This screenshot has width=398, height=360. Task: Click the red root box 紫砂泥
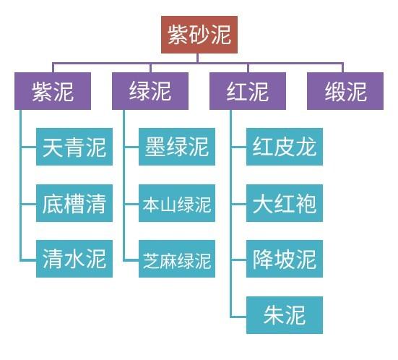[199, 35]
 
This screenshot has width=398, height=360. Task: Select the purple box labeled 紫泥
[53, 91]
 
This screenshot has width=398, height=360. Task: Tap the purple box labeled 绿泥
[150, 91]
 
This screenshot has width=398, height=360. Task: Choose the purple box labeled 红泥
[248, 91]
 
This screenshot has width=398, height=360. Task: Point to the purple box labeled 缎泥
[345, 91]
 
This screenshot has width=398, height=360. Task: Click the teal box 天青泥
[74, 147]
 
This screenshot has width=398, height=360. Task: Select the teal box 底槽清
[74, 203]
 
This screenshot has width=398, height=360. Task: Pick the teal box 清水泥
[74, 259]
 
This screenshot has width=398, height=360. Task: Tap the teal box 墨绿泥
[177, 147]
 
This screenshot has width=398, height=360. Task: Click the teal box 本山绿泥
[177, 203]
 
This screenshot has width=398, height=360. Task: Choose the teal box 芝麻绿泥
[177, 259]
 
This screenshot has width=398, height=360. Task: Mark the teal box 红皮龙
[285, 147]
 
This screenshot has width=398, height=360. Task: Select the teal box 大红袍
[285, 203]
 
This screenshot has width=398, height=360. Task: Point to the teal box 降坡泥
[285, 259]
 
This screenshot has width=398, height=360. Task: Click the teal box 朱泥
[285, 315]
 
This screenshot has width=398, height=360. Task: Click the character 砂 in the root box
[199, 35]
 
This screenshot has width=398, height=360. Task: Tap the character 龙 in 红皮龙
[306, 147]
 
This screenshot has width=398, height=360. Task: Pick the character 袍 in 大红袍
[306, 203]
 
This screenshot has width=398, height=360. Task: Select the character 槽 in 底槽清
[74, 203]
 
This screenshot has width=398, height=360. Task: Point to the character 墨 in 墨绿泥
[155, 147]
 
